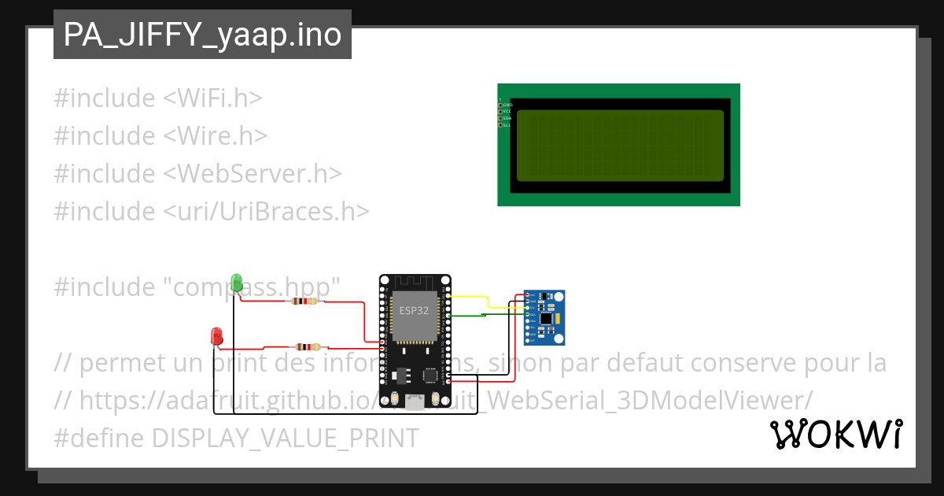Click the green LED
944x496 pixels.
click(x=237, y=282)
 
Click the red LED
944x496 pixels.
click(x=217, y=336)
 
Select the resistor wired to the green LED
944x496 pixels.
click(x=303, y=301)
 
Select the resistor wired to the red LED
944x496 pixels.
click(x=307, y=346)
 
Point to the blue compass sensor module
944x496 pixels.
click(x=544, y=317)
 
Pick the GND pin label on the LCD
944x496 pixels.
click(x=507, y=105)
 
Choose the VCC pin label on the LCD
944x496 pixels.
click(x=507, y=112)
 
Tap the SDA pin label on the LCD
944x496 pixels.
click(x=507, y=118)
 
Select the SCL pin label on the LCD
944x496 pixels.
click(x=507, y=125)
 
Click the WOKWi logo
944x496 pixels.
click(x=835, y=434)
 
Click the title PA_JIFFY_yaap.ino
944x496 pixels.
click(x=202, y=35)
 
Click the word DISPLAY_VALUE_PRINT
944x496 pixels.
click(x=286, y=438)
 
